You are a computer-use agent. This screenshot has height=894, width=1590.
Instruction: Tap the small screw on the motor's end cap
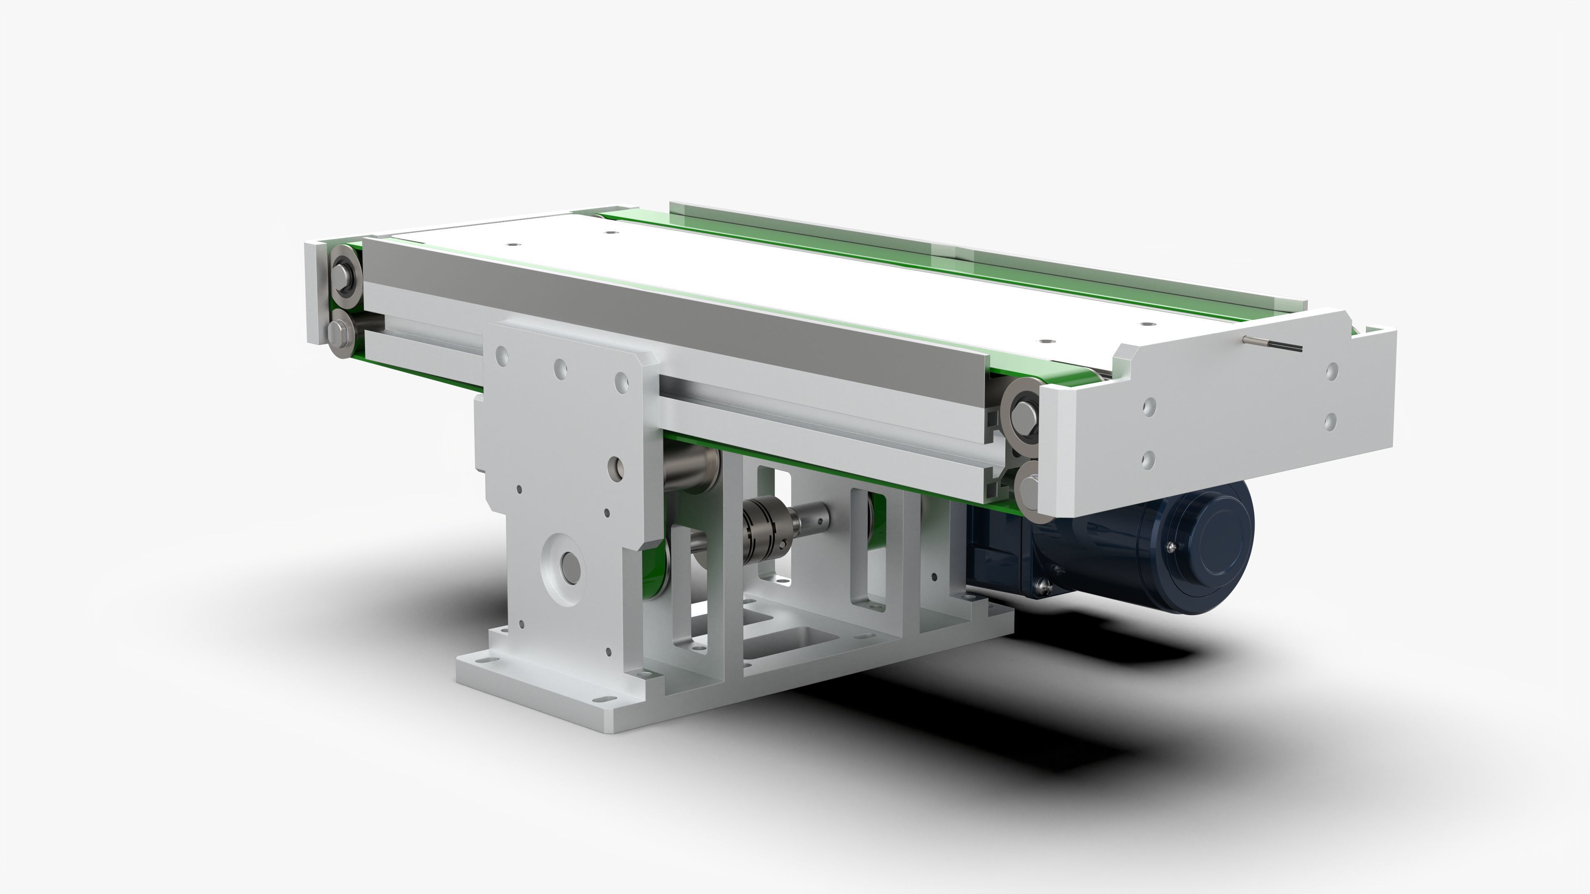coord(1171,546)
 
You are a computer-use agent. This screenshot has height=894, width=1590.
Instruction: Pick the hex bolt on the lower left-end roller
coord(338,334)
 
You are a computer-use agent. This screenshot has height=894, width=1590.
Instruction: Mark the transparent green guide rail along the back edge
coord(988,259)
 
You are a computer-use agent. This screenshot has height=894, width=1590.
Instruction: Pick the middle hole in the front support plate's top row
coord(561,370)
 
